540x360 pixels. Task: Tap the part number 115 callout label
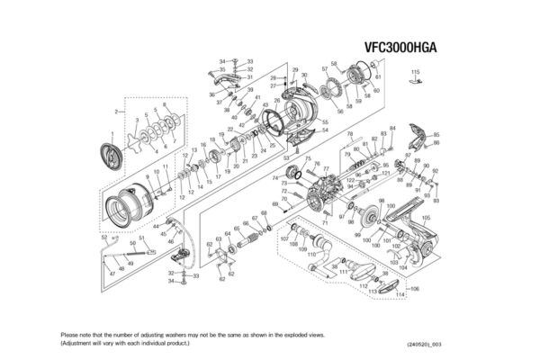click(415, 71)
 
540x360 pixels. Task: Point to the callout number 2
click(116, 112)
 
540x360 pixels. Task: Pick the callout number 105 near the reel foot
click(426, 218)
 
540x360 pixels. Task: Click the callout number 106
click(415, 290)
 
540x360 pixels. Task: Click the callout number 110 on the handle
click(311, 255)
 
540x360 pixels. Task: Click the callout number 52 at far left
click(103, 237)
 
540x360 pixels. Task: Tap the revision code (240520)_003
click(426, 345)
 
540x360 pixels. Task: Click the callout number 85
click(436, 134)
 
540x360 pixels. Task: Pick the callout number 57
click(334, 65)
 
